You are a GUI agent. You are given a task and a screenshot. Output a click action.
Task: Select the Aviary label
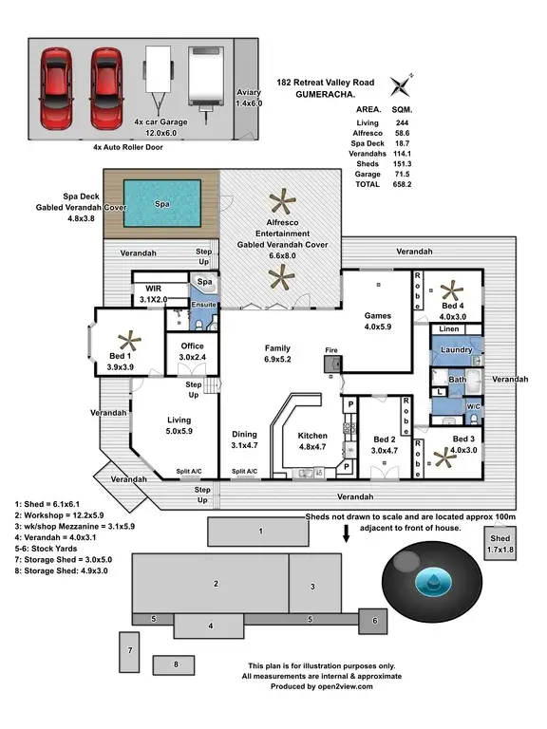[x=248, y=92]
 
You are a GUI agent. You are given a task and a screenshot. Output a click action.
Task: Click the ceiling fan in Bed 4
[x=450, y=288]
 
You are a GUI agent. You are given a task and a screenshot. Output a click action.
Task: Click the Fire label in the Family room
[x=330, y=350]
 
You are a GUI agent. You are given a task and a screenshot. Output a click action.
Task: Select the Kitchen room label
[x=314, y=435]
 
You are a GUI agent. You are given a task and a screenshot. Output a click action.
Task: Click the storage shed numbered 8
[x=177, y=665]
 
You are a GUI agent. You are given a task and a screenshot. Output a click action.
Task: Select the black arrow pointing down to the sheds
[x=346, y=534]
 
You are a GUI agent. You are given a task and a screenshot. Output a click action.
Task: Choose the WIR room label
[x=153, y=294]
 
